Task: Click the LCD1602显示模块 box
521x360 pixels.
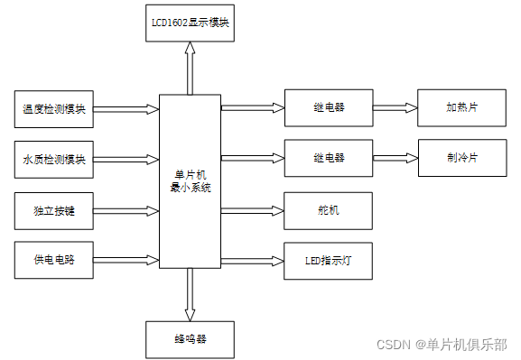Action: (x=189, y=23)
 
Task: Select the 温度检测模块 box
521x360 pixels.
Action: (x=53, y=109)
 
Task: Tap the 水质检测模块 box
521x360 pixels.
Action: (x=53, y=159)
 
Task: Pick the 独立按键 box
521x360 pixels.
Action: (x=53, y=210)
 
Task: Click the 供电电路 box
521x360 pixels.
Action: (x=53, y=260)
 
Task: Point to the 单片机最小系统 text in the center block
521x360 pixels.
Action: (x=190, y=180)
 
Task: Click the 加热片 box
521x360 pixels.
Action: (x=461, y=106)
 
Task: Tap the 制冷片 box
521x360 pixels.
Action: (x=461, y=157)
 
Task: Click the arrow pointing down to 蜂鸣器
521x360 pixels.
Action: (x=190, y=294)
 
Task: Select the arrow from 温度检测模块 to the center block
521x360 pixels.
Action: (x=126, y=109)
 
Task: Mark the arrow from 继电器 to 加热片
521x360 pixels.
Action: (x=395, y=106)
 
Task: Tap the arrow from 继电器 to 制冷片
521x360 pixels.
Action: (x=395, y=157)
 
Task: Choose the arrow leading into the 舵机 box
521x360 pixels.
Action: (x=253, y=209)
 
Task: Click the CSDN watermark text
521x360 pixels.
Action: (x=442, y=345)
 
